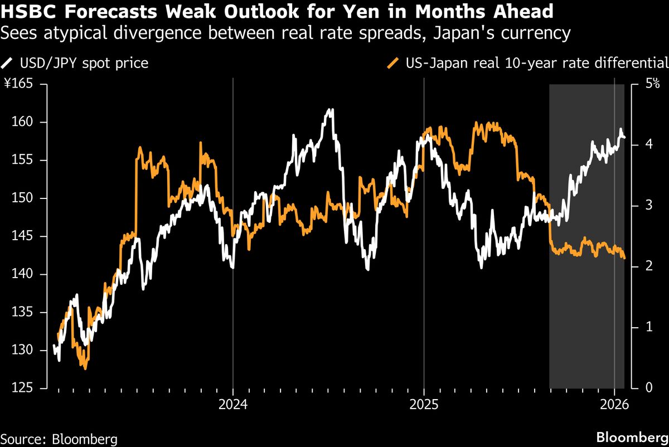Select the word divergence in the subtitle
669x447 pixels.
(x=157, y=33)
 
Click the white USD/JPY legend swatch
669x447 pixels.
(x=7, y=64)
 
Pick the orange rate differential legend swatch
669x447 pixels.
(x=392, y=64)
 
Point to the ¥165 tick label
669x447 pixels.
(x=18, y=83)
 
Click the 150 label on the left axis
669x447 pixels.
(x=22, y=198)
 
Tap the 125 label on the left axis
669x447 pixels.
(x=22, y=387)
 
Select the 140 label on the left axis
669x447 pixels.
(x=22, y=274)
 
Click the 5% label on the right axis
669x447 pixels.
(x=652, y=83)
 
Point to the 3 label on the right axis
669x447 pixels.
(x=649, y=206)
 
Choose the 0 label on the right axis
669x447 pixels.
(x=649, y=387)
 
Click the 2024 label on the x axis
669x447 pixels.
(x=233, y=405)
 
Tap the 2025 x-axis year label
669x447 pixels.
(x=424, y=405)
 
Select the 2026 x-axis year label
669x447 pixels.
(x=614, y=405)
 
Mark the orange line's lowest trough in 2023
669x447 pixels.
(x=85, y=369)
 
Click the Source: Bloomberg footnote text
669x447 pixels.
(x=59, y=440)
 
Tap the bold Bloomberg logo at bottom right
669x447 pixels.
(x=632, y=438)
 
